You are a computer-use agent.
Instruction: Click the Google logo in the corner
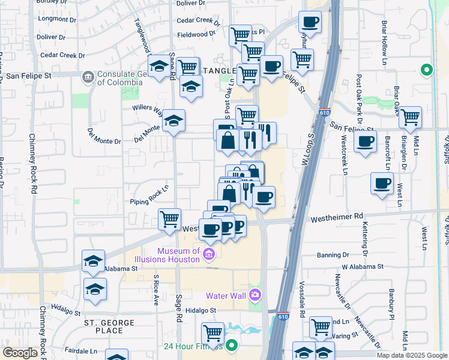tap(19, 353)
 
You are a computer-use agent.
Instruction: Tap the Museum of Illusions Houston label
tap(178, 255)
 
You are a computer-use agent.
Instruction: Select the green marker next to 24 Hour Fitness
tap(232, 346)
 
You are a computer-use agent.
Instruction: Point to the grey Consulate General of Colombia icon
tap(88, 76)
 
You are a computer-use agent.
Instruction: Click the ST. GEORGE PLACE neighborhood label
tap(109, 326)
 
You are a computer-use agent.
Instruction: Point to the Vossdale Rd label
tap(302, 294)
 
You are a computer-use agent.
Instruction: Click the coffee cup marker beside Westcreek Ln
tap(365, 142)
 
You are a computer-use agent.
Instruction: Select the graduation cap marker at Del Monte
tap(173, 121)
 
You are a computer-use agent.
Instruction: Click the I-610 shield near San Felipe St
tap(325, 113)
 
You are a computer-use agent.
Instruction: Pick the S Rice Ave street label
tap(155, 290)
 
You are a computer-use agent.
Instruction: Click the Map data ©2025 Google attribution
tap(411, 355)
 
